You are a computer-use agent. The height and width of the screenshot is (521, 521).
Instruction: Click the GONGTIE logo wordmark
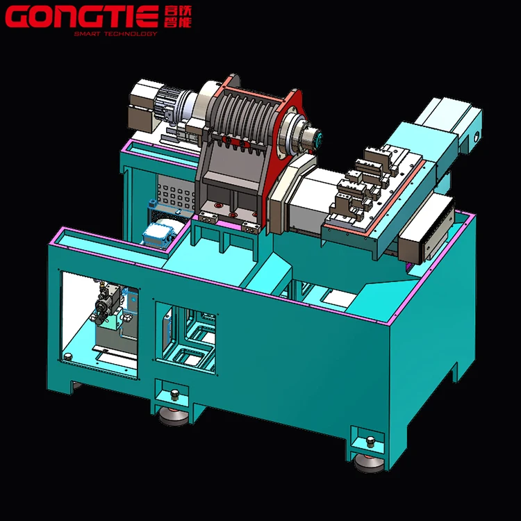[82, 17]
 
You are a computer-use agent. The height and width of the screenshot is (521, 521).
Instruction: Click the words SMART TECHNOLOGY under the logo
[115, 34]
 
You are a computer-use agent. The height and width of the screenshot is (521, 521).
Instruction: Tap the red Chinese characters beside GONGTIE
[178, 17]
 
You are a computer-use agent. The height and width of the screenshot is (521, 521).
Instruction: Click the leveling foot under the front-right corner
[369, 463]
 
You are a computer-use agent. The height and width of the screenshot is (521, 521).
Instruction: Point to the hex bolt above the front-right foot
[370, 442]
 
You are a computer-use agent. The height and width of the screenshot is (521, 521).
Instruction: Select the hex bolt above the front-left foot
[174, 395]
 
